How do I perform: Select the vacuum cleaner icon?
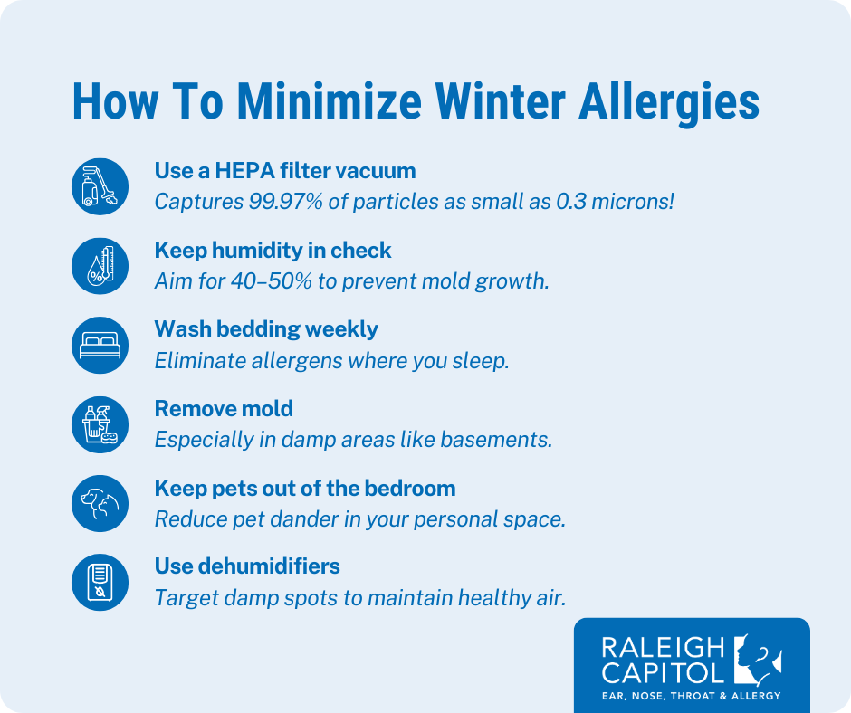tap(99, 185)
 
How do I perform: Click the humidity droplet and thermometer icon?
tap(99, 265)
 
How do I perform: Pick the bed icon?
tap(99, 345)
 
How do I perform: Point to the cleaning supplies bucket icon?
tap(99, 424)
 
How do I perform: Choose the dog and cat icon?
tap(99, 504)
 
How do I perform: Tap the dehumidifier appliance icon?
tap(99, 583)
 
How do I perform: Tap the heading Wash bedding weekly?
tap(266, 328)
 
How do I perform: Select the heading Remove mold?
tap(224, 408)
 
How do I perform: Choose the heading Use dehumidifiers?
tap(247, 566)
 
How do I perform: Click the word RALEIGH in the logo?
tap(664, 647)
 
